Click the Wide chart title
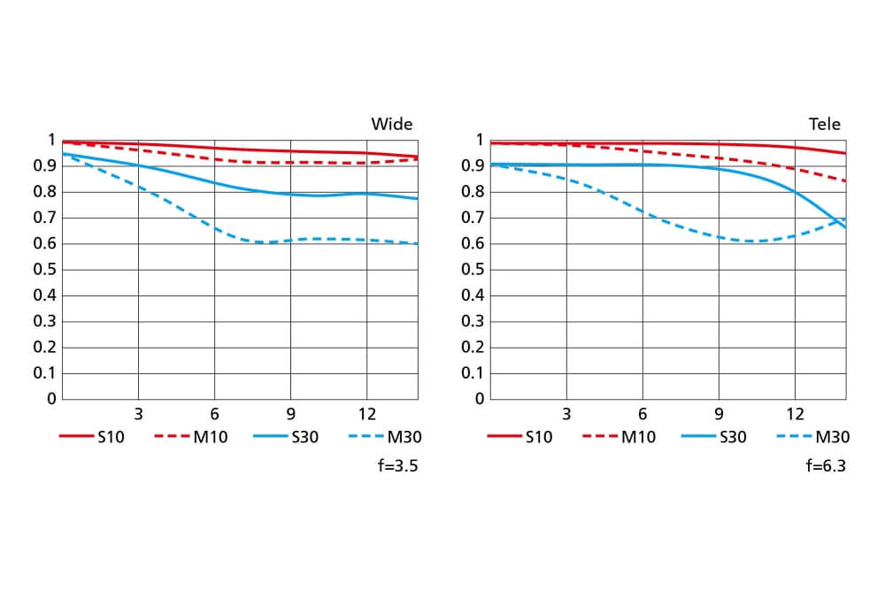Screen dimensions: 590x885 391,124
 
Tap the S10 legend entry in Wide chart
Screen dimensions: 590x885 92,436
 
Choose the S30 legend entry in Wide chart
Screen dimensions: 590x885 285,436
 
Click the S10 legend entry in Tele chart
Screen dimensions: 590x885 519,436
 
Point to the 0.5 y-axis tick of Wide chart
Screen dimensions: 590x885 44,270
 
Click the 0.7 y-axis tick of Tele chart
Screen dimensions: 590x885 473,218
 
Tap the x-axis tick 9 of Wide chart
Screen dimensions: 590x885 290,414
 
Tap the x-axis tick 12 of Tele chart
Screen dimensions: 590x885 796,414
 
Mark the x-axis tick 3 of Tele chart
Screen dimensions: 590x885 566,414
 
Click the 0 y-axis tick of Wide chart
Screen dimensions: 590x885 51,399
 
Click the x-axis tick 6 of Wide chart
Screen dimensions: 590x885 214,414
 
